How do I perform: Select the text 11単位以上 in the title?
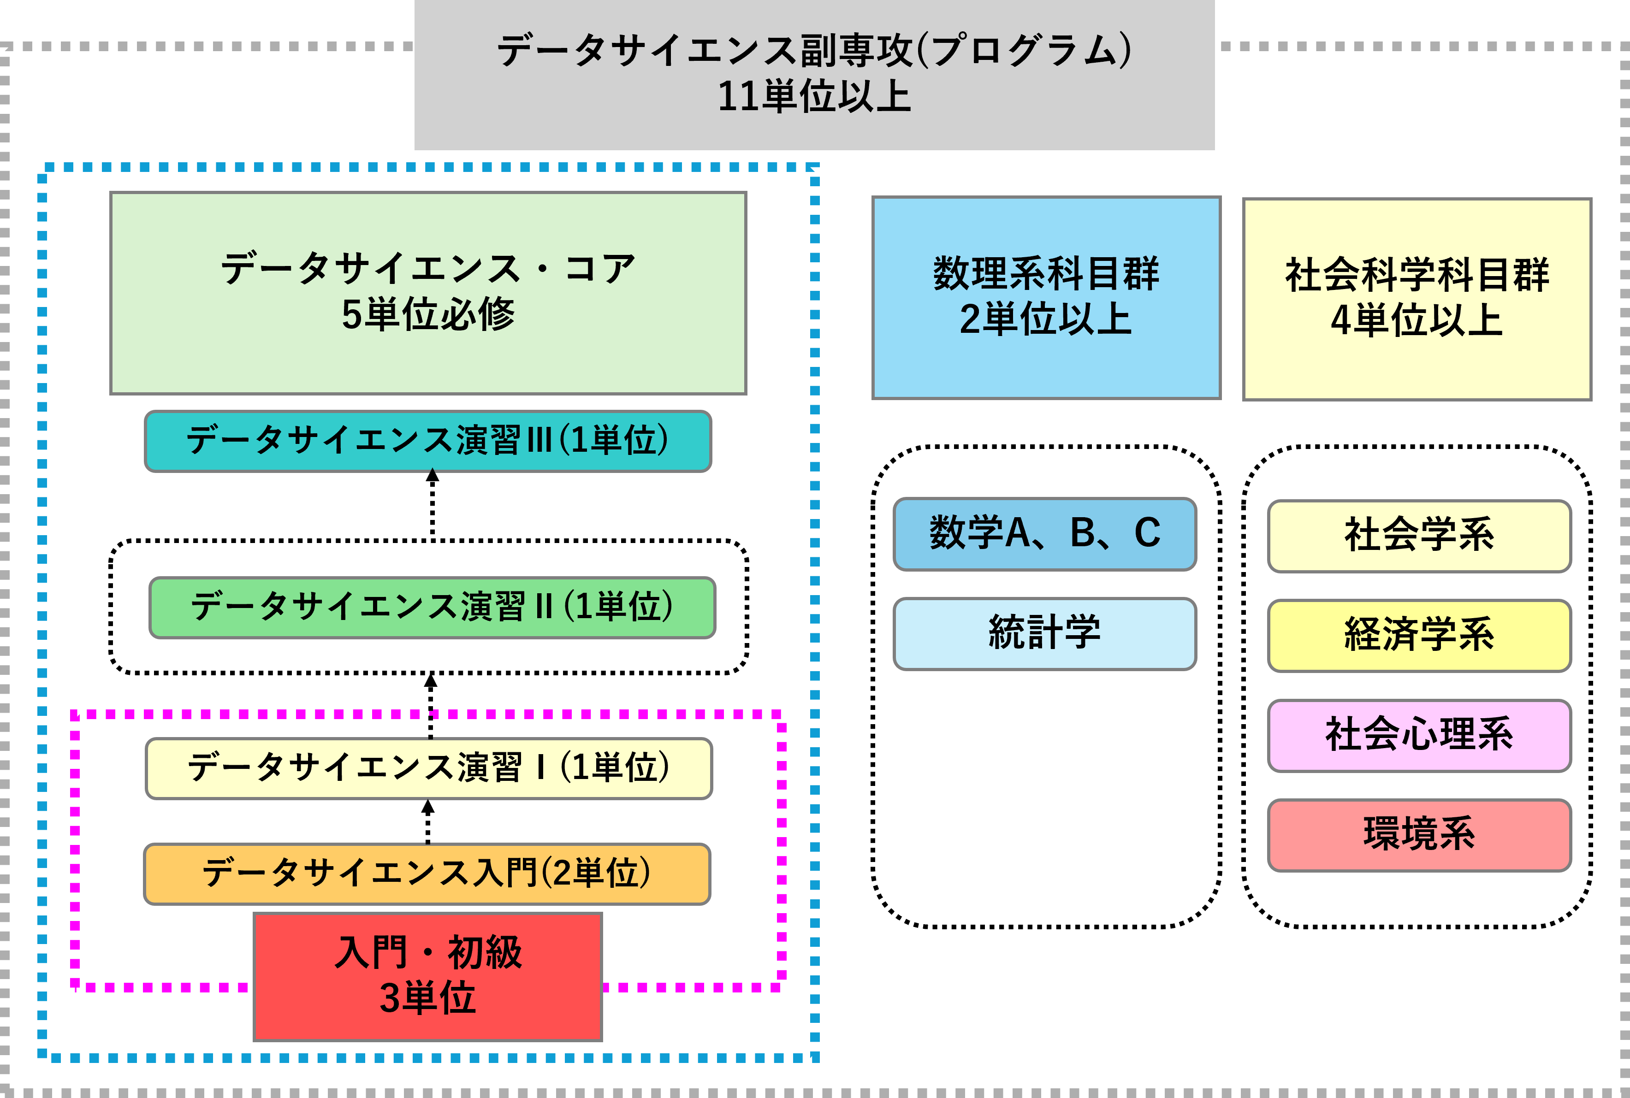pyautogui.click(x=814, y=97)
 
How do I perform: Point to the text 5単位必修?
pyautogui.click(x=428, y=314)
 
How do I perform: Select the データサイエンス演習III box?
pyautogui.click(x=428, y=441)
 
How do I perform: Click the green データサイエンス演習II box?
pyautogui.click(x=432, y=607)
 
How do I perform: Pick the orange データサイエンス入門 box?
pyautogui.click(x=427, y=873)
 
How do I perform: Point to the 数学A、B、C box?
pyautogui.click(x=1044, y=534)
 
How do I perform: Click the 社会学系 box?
pyautogui.click(x=1419, y=536)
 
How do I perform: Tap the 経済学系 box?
pyautogui.click(x=1419, y=635)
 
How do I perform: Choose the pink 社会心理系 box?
pyautogui.click(x=1419, y=735)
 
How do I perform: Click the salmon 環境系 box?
pyautogui.click(x=1419, y=835)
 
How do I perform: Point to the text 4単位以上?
pyautogui.click(x=1417, y=321)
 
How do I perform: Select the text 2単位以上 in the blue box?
pyautogui.click(x=1046, y=319)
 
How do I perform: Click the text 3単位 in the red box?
pyautogui.click(x=428, y=998)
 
